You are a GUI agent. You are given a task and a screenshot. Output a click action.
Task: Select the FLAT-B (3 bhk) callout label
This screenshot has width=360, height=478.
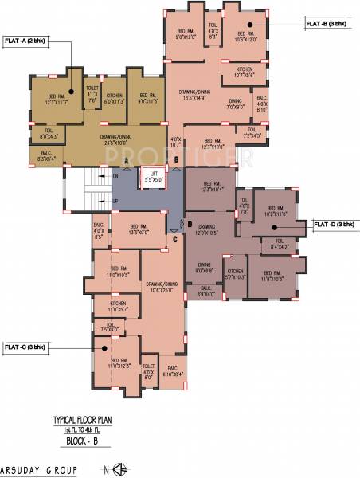327,25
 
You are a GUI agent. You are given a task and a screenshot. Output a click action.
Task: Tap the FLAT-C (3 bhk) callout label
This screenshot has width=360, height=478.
25,347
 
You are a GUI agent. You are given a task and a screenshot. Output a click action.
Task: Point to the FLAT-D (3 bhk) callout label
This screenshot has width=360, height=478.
333,224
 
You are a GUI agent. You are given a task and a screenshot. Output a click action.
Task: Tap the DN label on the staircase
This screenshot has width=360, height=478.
115,175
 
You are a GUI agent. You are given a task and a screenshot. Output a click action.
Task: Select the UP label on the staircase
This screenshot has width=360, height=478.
115,201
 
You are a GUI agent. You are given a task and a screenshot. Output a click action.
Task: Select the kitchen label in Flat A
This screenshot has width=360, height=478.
115,98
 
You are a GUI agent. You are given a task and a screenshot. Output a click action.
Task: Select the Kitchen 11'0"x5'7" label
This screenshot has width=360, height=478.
118,306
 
